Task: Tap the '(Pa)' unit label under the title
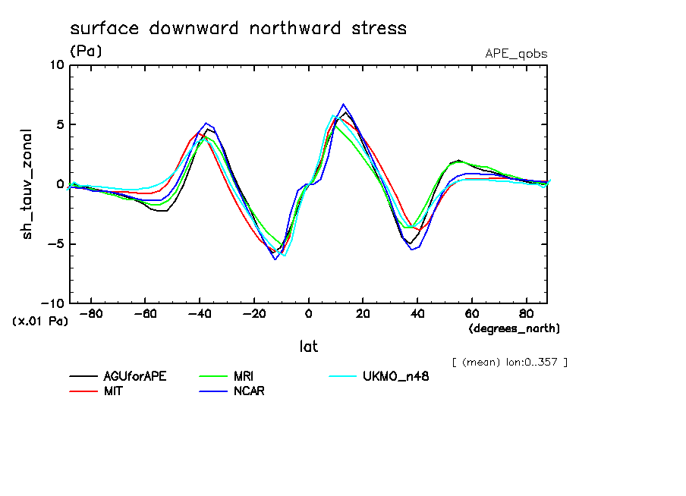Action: [x=86, y=52]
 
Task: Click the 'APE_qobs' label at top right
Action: [x=516, y=54]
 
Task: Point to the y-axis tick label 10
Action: [x=56, y=65]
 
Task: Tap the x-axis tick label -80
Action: [x=91, y=313]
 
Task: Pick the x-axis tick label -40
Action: [x=200, y=313]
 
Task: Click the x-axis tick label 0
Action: [x=309, y=313]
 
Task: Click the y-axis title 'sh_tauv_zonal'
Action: [x=28, y=184]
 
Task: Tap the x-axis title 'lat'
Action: [x=309, y=347]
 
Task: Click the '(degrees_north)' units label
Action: [x=514, y=328]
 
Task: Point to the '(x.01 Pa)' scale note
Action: [x=40, y=322]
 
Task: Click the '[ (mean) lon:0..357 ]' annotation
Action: [x=509, y=362]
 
